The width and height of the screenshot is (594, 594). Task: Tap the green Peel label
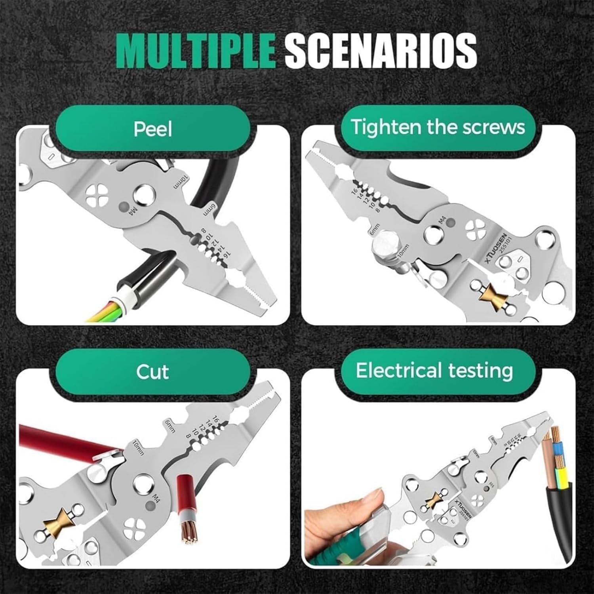point(153,129)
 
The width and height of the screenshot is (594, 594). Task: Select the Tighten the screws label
point(438,127)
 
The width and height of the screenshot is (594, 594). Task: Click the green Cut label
point(152,372)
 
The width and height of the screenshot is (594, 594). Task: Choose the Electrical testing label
point(434,371)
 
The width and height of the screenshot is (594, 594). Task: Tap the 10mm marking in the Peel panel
point(182,183)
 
